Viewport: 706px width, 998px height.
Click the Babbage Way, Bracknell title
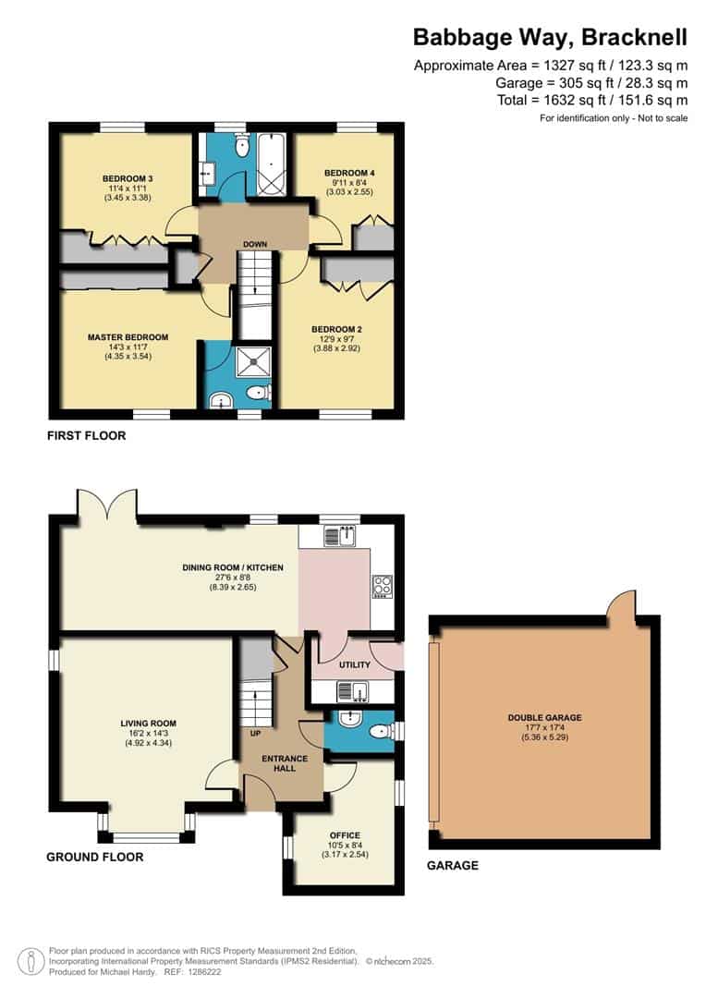[x=550, y=37]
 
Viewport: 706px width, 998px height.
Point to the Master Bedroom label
[x=128, y=337]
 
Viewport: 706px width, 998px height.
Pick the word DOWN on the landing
[x=255, y=245]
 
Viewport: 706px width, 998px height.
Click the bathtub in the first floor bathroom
[x=272, y=164]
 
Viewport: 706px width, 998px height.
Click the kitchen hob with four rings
[x=381, y=585]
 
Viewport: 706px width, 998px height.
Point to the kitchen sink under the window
[x=344, y=535]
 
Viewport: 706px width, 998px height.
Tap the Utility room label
[x=354, y=664]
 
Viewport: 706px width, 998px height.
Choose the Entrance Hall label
[x=285, y=762]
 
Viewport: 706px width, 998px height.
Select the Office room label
[x=344, y=836]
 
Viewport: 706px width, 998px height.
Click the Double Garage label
[x=544, y=717]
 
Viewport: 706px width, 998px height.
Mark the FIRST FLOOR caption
[x=86, y=435]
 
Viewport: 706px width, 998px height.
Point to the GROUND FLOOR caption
[x=94, y=857]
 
